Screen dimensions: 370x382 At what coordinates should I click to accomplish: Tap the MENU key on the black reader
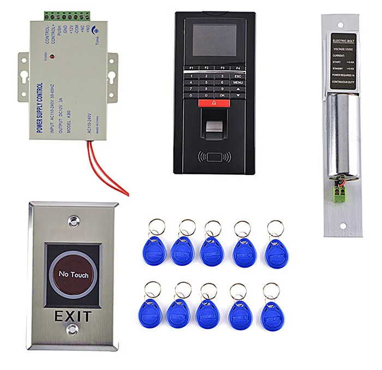pyautogui.click(x=237, y=83)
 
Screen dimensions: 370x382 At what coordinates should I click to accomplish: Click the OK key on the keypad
pyautogui.click(x=222, y=95)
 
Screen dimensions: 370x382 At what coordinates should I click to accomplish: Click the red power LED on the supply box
pyautogui.click(x=51, y=57)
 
